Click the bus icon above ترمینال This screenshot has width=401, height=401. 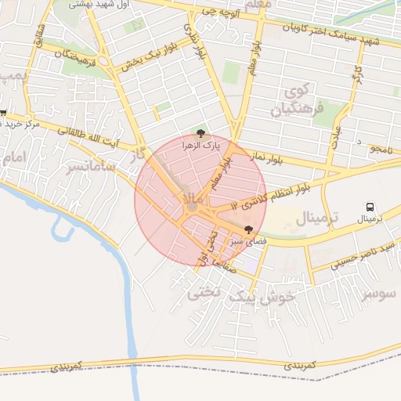[370, 207]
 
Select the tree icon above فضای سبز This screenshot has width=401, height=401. [249, 230]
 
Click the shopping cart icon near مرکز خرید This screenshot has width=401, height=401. [4, 114]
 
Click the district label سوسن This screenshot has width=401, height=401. [380, 294]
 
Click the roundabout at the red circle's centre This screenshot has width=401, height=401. [193, 206]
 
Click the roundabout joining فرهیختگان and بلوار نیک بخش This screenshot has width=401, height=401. [103, 61]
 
